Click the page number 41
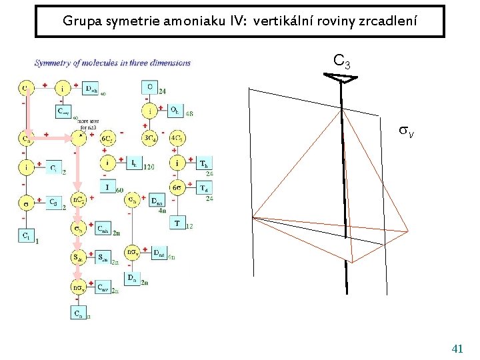pyautogui.click(x=457, y=349)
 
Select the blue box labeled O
pyautogui.click(x=150, y=87)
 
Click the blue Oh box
pyautogui.click(x=174, y=111)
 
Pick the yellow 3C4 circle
pyautogui.click(x=150, y=139)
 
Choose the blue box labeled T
pyautogui.click(x=177, y=223)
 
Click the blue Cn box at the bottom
pyautogui.click(x=78, y=313)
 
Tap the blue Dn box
pyautogui.click(x=133, y=277)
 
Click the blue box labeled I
pyautogui.click(x=108, y=187)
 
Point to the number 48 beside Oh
pyautogui.click(x=189, y=114)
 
